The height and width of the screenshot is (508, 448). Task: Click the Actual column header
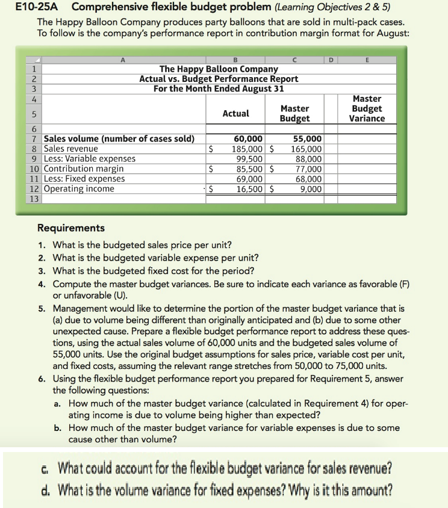(236, 113)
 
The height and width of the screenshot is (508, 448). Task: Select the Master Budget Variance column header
(367, 108)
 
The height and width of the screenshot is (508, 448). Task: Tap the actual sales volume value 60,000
(247, 139)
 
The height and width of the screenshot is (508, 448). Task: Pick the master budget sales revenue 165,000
(306, 149)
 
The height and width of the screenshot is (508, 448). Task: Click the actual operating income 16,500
(249, 189)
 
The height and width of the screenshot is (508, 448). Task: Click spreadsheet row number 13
(34, 199)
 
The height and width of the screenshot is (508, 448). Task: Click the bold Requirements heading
(71, 228)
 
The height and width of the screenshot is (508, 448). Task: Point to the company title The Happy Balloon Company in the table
(219, 69)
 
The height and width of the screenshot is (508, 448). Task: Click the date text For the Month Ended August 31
(219, 88)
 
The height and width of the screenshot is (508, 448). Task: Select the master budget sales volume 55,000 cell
(306, 139)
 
